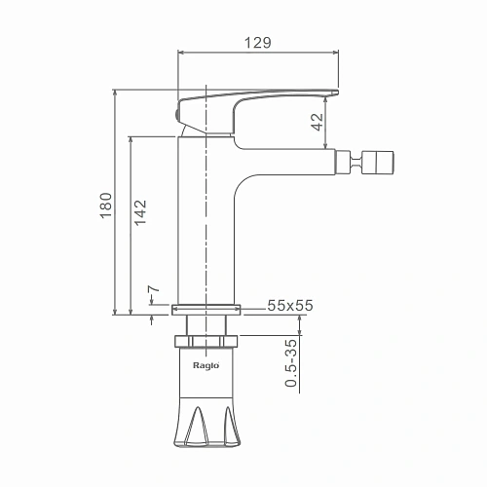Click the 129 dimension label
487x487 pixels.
coord(257,43)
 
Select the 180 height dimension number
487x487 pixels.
coord(106,206)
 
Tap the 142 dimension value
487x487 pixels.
coord(140,212)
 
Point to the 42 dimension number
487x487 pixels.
coord(318,122)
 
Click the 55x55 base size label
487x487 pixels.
coord(290,305)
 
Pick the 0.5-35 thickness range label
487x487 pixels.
coord(291,363)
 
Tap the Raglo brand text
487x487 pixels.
coord(206,365)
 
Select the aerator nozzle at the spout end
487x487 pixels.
coord(378,163)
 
